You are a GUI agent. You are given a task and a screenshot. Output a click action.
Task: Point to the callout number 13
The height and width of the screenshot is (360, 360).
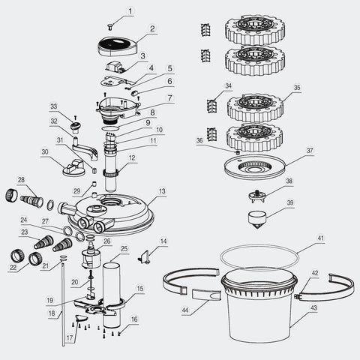tap(163, 192)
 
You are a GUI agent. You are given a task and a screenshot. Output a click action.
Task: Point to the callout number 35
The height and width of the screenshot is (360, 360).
tap(297, 88)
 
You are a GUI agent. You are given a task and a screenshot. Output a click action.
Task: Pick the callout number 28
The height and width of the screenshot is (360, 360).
tap(21, 180)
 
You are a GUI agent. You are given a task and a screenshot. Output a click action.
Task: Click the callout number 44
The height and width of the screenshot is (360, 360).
tap(184, 307)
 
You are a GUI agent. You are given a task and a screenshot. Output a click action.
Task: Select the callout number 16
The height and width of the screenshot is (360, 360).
tap(133, 319)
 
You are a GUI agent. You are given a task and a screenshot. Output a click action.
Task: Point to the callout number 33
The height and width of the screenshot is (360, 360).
tap(53, 106)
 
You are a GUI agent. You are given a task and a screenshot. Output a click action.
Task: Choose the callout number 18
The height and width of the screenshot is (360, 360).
tap(52, 315)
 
